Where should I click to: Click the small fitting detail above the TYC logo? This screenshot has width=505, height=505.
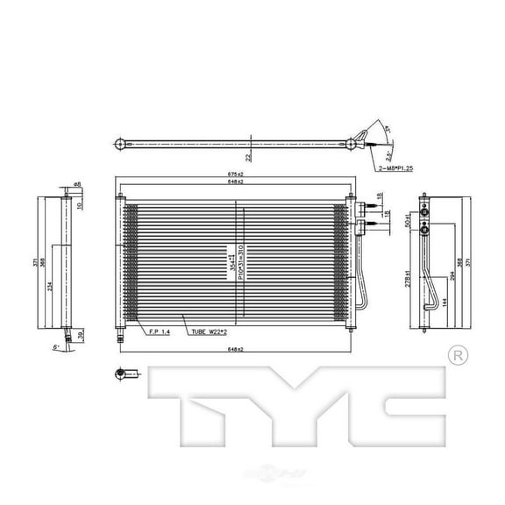[x=122, y=374]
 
